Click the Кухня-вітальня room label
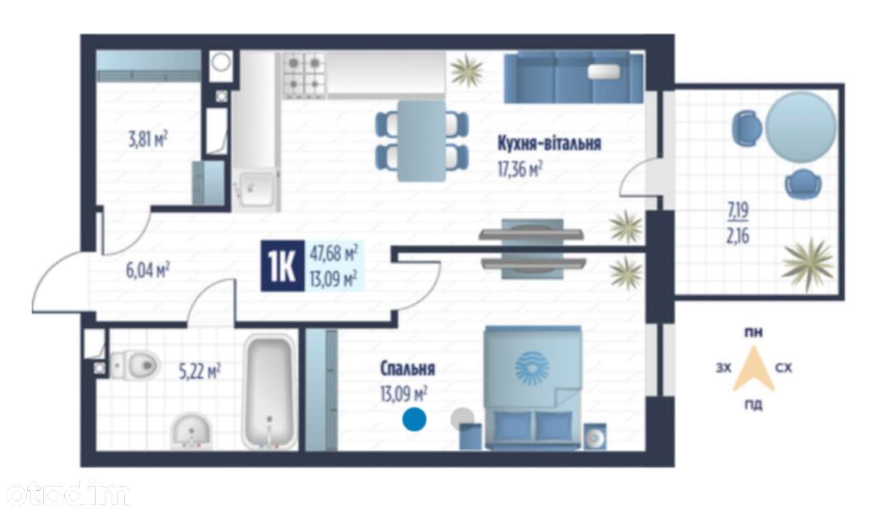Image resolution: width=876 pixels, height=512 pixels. (x=549, y=143)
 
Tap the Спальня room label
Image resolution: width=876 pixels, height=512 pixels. (x=407, y=368)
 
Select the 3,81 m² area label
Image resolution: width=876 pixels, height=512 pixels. (x=148, y=139)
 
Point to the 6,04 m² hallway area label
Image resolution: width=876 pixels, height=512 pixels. (x=147, y=270)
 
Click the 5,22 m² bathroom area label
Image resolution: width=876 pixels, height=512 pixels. (x=199, y=371)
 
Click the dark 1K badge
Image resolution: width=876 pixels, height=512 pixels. (x=283, y=266)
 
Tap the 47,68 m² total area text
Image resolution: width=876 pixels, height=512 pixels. (x=333, y=253)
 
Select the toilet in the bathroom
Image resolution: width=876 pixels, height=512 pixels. (x=134, y=366)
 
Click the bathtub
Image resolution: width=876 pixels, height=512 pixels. (x=269, y=392)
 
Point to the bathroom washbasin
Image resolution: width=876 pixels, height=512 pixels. (x=191, y=432)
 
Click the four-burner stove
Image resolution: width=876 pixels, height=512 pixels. (x=304, y=75)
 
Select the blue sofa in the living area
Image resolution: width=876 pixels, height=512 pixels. (x=574, y=77)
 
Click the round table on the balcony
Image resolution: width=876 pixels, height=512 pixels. (x=800, y=127)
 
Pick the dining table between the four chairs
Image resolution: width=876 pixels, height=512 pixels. (x=422, y=141)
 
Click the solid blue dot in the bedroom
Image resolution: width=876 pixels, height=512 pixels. (x=414, y=419)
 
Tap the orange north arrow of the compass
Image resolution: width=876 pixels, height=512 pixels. (x=753, y=370)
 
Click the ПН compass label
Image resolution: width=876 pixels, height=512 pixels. (x=753, y=333)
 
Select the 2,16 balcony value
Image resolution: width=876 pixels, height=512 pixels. (x=738, y=236)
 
